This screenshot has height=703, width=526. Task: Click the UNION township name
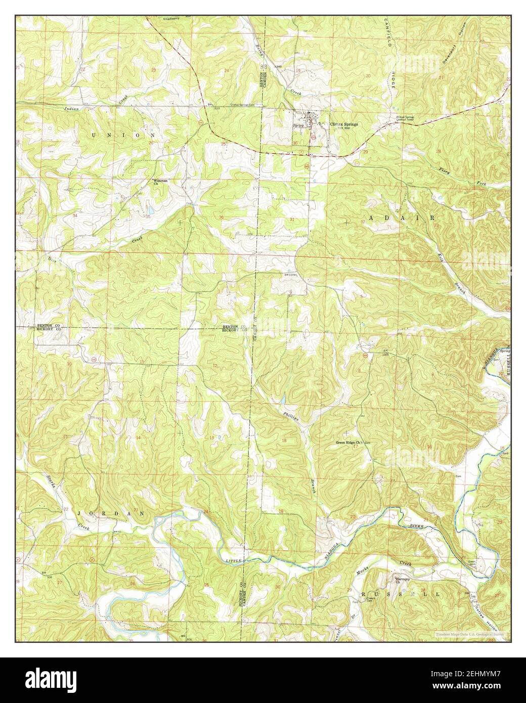(117, 136)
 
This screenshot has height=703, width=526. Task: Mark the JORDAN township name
(111, 513)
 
